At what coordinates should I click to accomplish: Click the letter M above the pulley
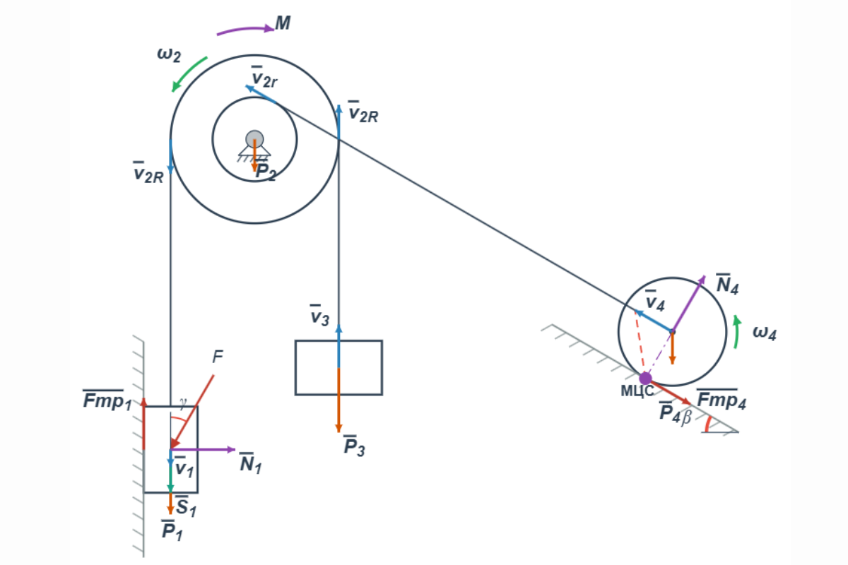tap(283, 23)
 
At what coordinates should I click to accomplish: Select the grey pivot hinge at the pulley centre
tap(254, 138)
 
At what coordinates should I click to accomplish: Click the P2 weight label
tap(266, 172)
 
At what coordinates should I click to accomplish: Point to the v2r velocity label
tap(264, 77)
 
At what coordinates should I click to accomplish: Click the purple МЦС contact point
tap(645, 379)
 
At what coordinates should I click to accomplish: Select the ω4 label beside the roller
tap(764, 332)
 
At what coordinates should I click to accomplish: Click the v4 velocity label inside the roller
tap(655, 302)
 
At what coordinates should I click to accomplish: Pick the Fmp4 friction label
tap(721, 400)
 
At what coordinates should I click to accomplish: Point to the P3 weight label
tap(353, 447)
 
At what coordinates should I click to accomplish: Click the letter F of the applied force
tap(218, 357)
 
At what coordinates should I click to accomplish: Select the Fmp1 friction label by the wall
tap(107, 400)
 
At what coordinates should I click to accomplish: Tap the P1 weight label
tap(172, 530)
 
